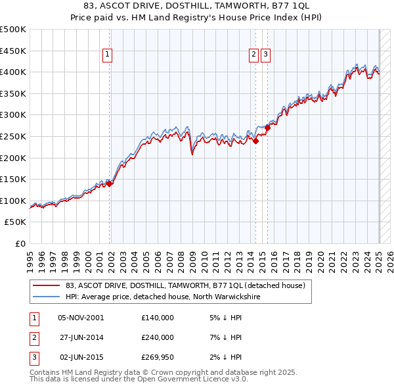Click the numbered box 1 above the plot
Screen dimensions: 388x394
(x=106, y=55)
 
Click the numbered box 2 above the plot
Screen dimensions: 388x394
(x=253, y=55)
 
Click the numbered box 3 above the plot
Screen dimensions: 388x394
(x=265, y=55)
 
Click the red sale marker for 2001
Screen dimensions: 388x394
(x=110, y=183)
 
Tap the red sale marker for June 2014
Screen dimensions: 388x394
(x=255, y=141)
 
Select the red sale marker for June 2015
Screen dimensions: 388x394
(x=267, y=128)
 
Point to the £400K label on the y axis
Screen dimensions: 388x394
(x=14, y=72)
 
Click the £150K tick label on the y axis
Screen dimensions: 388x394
(x=14, y=179)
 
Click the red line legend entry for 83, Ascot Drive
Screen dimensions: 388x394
(x=185, y=286)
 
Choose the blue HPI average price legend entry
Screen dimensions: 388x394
(x=163, y=297)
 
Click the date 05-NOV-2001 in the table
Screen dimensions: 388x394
(x=81, y=318)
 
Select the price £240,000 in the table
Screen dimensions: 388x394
(x=157, y=337)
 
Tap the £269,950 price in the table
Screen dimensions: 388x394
(x=157, y=357)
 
